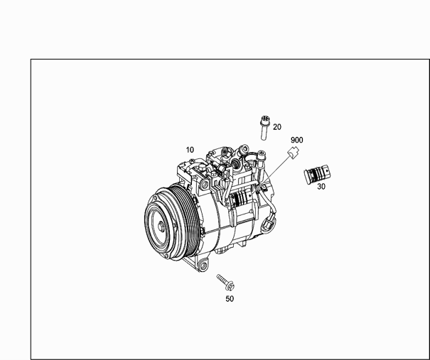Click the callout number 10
190,150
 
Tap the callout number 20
277,127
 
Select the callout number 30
321,187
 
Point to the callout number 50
230,299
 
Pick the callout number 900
296,140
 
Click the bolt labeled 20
264,128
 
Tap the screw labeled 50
226,282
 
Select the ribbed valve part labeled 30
317,174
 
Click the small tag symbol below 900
293,153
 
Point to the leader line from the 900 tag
275,171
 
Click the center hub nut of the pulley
161,227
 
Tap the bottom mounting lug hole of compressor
203,265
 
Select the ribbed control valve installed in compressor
240,198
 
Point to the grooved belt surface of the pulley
188,219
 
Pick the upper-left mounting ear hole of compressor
205,185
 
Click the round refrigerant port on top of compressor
236,163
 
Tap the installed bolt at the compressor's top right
261,159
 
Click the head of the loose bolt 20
265,119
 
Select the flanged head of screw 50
230,286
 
